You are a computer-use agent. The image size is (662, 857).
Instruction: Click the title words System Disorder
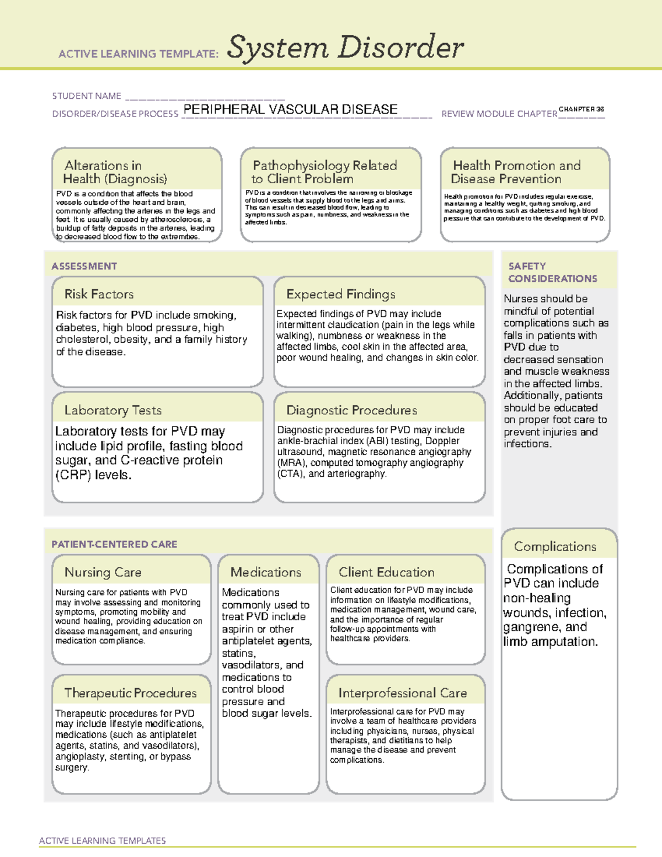(x=345, y=47)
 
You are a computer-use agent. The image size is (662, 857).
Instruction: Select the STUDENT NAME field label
(x=87, y=96)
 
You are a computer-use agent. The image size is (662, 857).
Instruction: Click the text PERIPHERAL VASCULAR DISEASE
(x=290, y=109)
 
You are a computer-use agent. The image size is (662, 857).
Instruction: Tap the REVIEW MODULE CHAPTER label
(x=499, y=114)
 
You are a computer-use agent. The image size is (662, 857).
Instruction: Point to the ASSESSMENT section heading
(x=84, y=266)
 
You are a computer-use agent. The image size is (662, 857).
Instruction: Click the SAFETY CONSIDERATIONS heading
(x=552, y=272)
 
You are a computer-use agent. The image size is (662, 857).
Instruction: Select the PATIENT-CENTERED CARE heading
(x=114, y=544)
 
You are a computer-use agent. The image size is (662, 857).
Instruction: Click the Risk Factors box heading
(x=99, y=294)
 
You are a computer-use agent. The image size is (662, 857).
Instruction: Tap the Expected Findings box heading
(x=340, y=294)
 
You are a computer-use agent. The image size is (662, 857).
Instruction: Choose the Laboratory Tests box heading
(x=113, y=410)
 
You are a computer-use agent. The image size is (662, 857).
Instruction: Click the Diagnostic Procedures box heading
(x=351, y=410)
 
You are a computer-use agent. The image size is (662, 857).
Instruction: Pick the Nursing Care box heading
(x=103, y=572)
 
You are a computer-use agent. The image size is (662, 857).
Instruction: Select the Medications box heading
(x=265, y=572)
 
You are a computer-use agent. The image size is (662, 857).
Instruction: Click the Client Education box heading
(x=386, y=572)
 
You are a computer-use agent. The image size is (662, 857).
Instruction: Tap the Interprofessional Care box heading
(x=402, y=693)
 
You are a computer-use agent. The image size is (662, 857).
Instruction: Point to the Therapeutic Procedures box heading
(x=130, y=693)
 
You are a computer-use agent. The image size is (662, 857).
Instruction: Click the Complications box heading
(x=555, y=546)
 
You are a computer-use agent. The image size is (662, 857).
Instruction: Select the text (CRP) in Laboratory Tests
(x=73, y=475)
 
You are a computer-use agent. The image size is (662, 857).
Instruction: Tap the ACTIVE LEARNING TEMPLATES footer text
(x=103, y=840)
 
